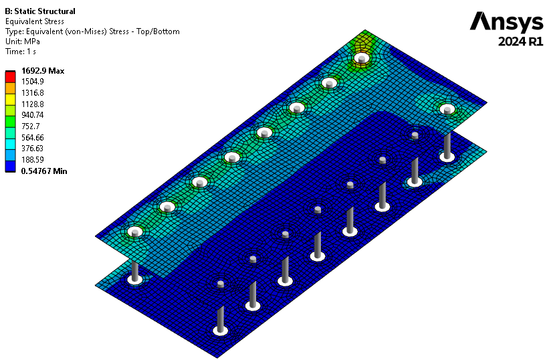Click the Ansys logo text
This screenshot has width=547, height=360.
506,21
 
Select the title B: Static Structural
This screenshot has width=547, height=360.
40,11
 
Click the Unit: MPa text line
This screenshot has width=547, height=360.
22,41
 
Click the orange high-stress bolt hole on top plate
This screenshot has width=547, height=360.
362,59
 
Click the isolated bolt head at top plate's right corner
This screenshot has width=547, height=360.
447,108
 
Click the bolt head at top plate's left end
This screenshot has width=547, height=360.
135,233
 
